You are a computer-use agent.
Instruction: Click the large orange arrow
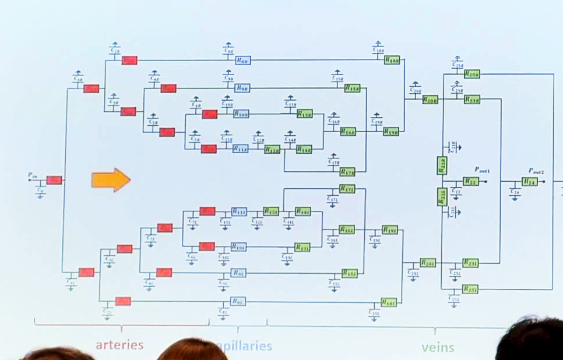coord(111,179)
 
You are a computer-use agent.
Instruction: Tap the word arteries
coord(119,344)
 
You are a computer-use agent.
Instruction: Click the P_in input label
coord(33,174)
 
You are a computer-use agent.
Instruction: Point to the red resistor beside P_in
coord(54,180)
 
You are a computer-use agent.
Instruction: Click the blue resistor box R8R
coord(243,59)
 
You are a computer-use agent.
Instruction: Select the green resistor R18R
coord(392,60)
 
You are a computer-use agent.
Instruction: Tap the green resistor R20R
coord(430,100)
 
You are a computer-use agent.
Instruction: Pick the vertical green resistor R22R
coord(442,165)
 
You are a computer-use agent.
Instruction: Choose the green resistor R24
coord(529,182)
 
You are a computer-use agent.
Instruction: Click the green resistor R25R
coord(471,73)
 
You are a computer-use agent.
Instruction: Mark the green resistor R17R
coord(347,171)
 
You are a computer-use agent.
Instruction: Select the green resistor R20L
coord(428,263)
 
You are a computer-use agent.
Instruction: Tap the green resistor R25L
coord(470,289)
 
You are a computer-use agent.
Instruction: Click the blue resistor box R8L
coord(237,302)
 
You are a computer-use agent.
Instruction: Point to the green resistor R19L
coord(389,230)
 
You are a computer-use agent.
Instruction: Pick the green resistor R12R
coord(272,150)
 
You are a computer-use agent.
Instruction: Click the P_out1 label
coord(481,171)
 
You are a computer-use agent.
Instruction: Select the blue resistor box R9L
coord(238,273)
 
